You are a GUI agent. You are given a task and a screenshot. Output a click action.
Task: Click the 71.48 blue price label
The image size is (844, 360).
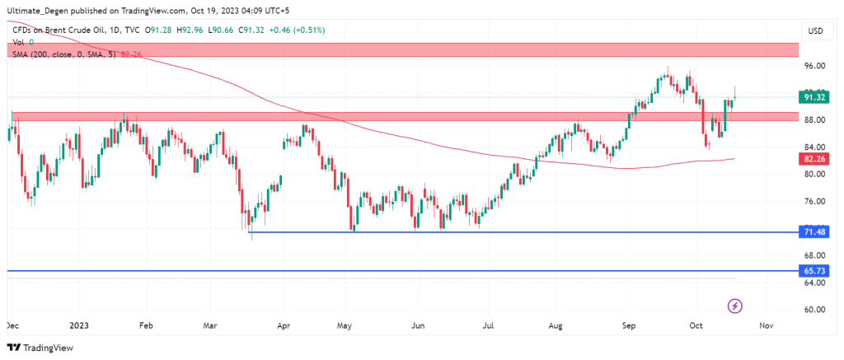[815, 232]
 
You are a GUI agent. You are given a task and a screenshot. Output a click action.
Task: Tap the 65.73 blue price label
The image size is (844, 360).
[815, 270]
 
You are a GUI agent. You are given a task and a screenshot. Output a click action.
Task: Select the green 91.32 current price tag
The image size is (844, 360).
[815, 97]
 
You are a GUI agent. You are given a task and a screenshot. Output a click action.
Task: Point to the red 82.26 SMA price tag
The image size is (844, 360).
[815, 157]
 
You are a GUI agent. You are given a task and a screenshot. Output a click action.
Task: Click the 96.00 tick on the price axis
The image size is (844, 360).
[815, 65]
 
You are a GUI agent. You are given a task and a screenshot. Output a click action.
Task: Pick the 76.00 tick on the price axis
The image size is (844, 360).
[815, 201]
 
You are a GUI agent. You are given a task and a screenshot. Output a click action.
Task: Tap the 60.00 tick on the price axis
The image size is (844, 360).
[815, 310]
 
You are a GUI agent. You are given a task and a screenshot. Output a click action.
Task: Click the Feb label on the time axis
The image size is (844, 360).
[147, 325]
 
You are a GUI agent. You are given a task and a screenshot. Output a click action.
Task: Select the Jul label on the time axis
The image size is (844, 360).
[490, 325]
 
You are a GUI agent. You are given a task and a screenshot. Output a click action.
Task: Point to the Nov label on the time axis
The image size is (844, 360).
[767, 325]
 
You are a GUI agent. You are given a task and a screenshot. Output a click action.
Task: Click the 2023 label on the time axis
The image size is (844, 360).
[79, 325]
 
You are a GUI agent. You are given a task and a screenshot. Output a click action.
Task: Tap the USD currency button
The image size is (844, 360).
[815, 30]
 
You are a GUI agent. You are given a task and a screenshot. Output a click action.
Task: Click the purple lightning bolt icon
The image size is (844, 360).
[735, 306]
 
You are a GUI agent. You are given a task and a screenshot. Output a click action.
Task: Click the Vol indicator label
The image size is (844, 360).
[17, 42]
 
